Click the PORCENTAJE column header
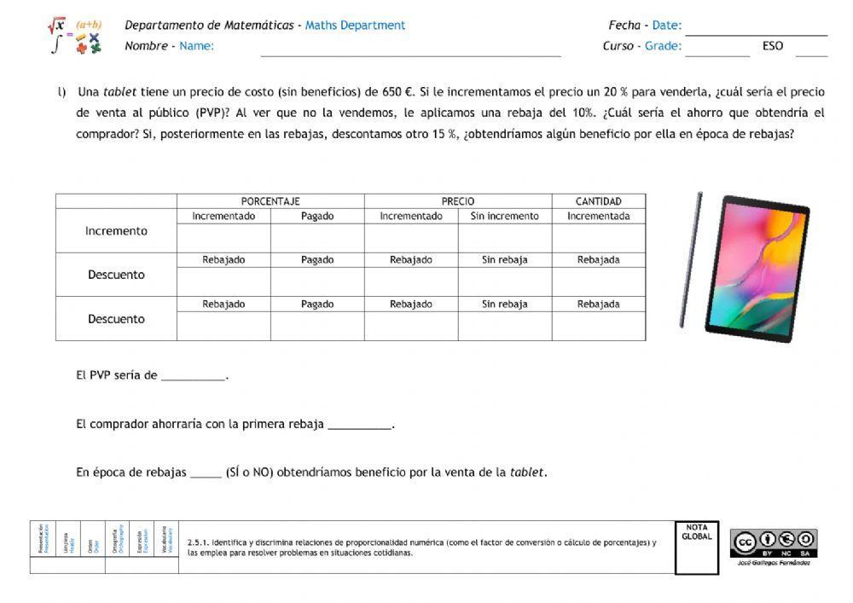[x=270, y=201]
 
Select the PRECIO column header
[x=458, y=201]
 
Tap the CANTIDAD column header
[x=598, y=201]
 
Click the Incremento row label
[x=116, y=231]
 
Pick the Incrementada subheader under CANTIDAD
[x=598, y=217]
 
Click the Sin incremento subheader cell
[x=504, y=217]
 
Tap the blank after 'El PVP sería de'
[x=194, y=376]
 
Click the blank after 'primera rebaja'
[x=359, y=425]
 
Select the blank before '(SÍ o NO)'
[x=206, y=473]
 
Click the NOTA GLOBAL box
[x=696, y=548]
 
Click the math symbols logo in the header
[x=75, y=36]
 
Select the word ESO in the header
[x=773, y=46]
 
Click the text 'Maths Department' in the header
[x=355, y=26]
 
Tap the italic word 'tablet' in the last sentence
[x=527, y=473]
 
